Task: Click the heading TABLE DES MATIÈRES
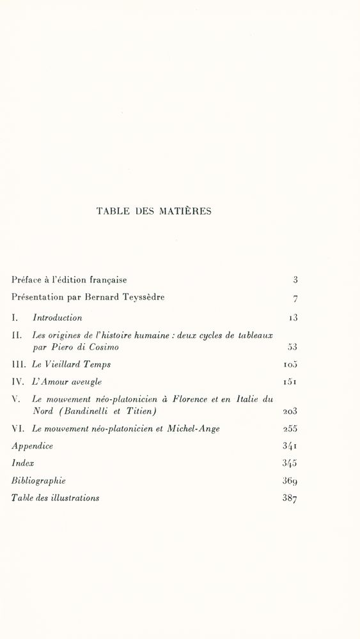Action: [153, 212]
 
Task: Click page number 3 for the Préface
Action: [295, 280]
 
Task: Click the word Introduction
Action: [58, 318]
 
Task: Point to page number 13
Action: [293, 318]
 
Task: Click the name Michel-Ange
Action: [193, 429]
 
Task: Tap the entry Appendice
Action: [32, 447]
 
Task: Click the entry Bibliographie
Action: [38, 481]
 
